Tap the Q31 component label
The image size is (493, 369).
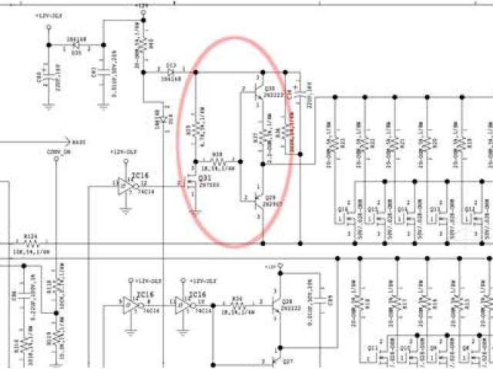tap(204, 178)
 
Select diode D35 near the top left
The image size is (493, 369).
tap(75, 45)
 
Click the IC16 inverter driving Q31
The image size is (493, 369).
tap(126, 186)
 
